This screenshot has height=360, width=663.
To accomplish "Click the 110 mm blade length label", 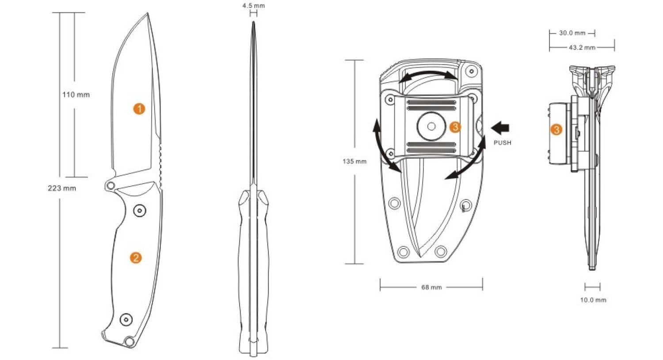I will [x=76, y=95].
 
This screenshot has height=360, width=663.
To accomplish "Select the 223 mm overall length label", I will [x=62, y=188].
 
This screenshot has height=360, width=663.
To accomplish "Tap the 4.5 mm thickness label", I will [x=254, y=6].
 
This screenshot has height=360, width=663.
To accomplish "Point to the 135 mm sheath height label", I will [x=354, y=161].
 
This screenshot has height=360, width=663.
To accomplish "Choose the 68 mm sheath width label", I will [x=431, y=287].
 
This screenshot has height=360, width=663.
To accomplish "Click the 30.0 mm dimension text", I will [x=572, y=33].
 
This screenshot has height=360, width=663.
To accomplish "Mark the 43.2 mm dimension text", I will [x=582, y=47].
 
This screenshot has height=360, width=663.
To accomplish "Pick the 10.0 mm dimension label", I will [x=593, y=300].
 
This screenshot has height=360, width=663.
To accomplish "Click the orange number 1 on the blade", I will [x=139, y=109].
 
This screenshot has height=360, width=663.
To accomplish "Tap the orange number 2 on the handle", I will [x=136, y=258].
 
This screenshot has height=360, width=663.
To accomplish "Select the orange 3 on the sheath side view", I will [x=556, y=130].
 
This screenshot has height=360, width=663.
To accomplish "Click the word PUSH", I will [x=502, y=143].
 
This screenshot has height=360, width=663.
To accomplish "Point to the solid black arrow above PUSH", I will [x=500, y=128].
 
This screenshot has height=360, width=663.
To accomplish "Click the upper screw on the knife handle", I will [x=140, y=211].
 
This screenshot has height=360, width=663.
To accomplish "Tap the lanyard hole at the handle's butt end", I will [x=129, y=341].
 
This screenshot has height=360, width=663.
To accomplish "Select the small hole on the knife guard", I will [x=110, y=185].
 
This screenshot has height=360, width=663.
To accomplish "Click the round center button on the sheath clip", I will [x=431, y=127].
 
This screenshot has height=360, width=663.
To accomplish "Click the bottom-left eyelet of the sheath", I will [x=403, y=252].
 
